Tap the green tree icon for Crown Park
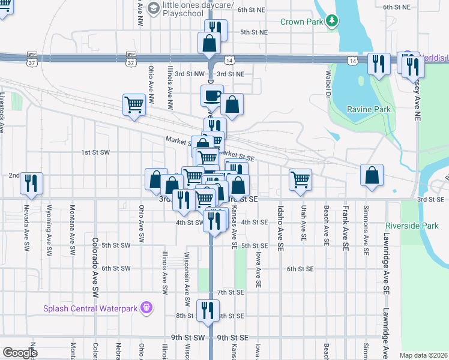click(x=332, y=22)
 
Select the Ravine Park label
click(x=369, y=109)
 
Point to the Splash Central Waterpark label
click(x=90, y=309)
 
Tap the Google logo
click(x=20, y=353)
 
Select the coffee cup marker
click(x=212, y=96)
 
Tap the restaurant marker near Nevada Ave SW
click(x=31, y=183)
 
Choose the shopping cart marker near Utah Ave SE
click(x=300, y=179)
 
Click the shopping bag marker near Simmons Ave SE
click(x=372, y=175)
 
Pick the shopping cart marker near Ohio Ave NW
click(x=134, y=104)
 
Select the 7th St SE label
click(x=231, y=292)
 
